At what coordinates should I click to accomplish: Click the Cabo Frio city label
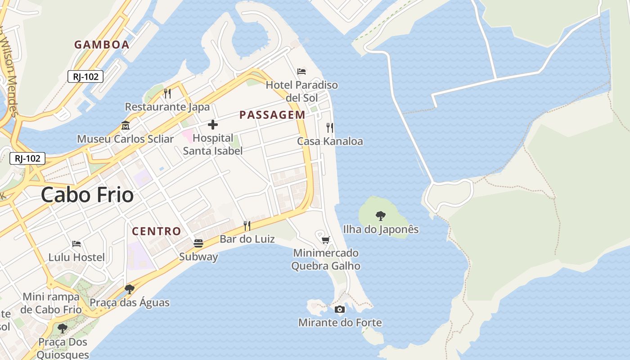tap(87, 195)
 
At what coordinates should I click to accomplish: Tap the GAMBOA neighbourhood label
tap(102, 45)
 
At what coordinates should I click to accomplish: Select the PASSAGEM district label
tap(272, 115)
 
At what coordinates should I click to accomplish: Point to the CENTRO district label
tap(156, 231)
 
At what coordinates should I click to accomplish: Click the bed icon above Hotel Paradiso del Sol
tap(301, 71)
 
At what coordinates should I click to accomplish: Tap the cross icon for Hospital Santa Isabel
tap(213, 125)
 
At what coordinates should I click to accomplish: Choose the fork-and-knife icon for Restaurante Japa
tap(167, 93)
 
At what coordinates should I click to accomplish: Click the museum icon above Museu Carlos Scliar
tap(125, 125)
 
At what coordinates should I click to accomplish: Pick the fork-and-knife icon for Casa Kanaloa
tap(330, 128)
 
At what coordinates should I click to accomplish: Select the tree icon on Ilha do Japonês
tap(381, 216)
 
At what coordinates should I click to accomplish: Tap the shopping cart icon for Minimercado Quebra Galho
tap(326, 240)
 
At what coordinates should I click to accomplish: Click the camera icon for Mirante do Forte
tap(340, 309)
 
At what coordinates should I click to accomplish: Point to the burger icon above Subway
tap(198, 243)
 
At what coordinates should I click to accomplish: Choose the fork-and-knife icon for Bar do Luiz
tap(247, 225)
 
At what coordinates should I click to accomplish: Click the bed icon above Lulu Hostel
tap(76, 244)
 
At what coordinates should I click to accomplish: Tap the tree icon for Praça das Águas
tap(130, 289)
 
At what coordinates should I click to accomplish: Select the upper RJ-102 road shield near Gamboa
tap(85, 76)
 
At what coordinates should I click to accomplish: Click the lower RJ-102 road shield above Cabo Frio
tap(27, 158)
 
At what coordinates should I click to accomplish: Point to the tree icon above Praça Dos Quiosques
tap(63, 328)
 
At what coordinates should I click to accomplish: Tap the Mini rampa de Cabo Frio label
tap(51, 303)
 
